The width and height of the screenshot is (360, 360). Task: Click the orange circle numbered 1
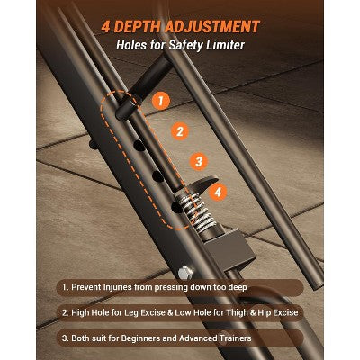pos(161,101)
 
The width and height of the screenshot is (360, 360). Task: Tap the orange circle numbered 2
pos(180,131)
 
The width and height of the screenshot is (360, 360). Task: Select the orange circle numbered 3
pos(199,162)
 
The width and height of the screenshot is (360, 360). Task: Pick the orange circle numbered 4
pos(218,192)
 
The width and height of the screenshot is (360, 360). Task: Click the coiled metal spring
pos(196,210)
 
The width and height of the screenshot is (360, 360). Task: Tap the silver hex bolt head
pos(184,273)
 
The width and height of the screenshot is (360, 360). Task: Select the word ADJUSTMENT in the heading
pos(211,27)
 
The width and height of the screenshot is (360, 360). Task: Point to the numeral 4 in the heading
pos(106,27)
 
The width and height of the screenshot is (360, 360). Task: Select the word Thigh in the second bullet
pos(238,312)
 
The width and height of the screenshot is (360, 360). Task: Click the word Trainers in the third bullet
pos(235,338)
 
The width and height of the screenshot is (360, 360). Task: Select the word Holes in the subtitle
pos(128,45)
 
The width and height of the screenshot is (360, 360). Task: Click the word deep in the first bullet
pos(237,287)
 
